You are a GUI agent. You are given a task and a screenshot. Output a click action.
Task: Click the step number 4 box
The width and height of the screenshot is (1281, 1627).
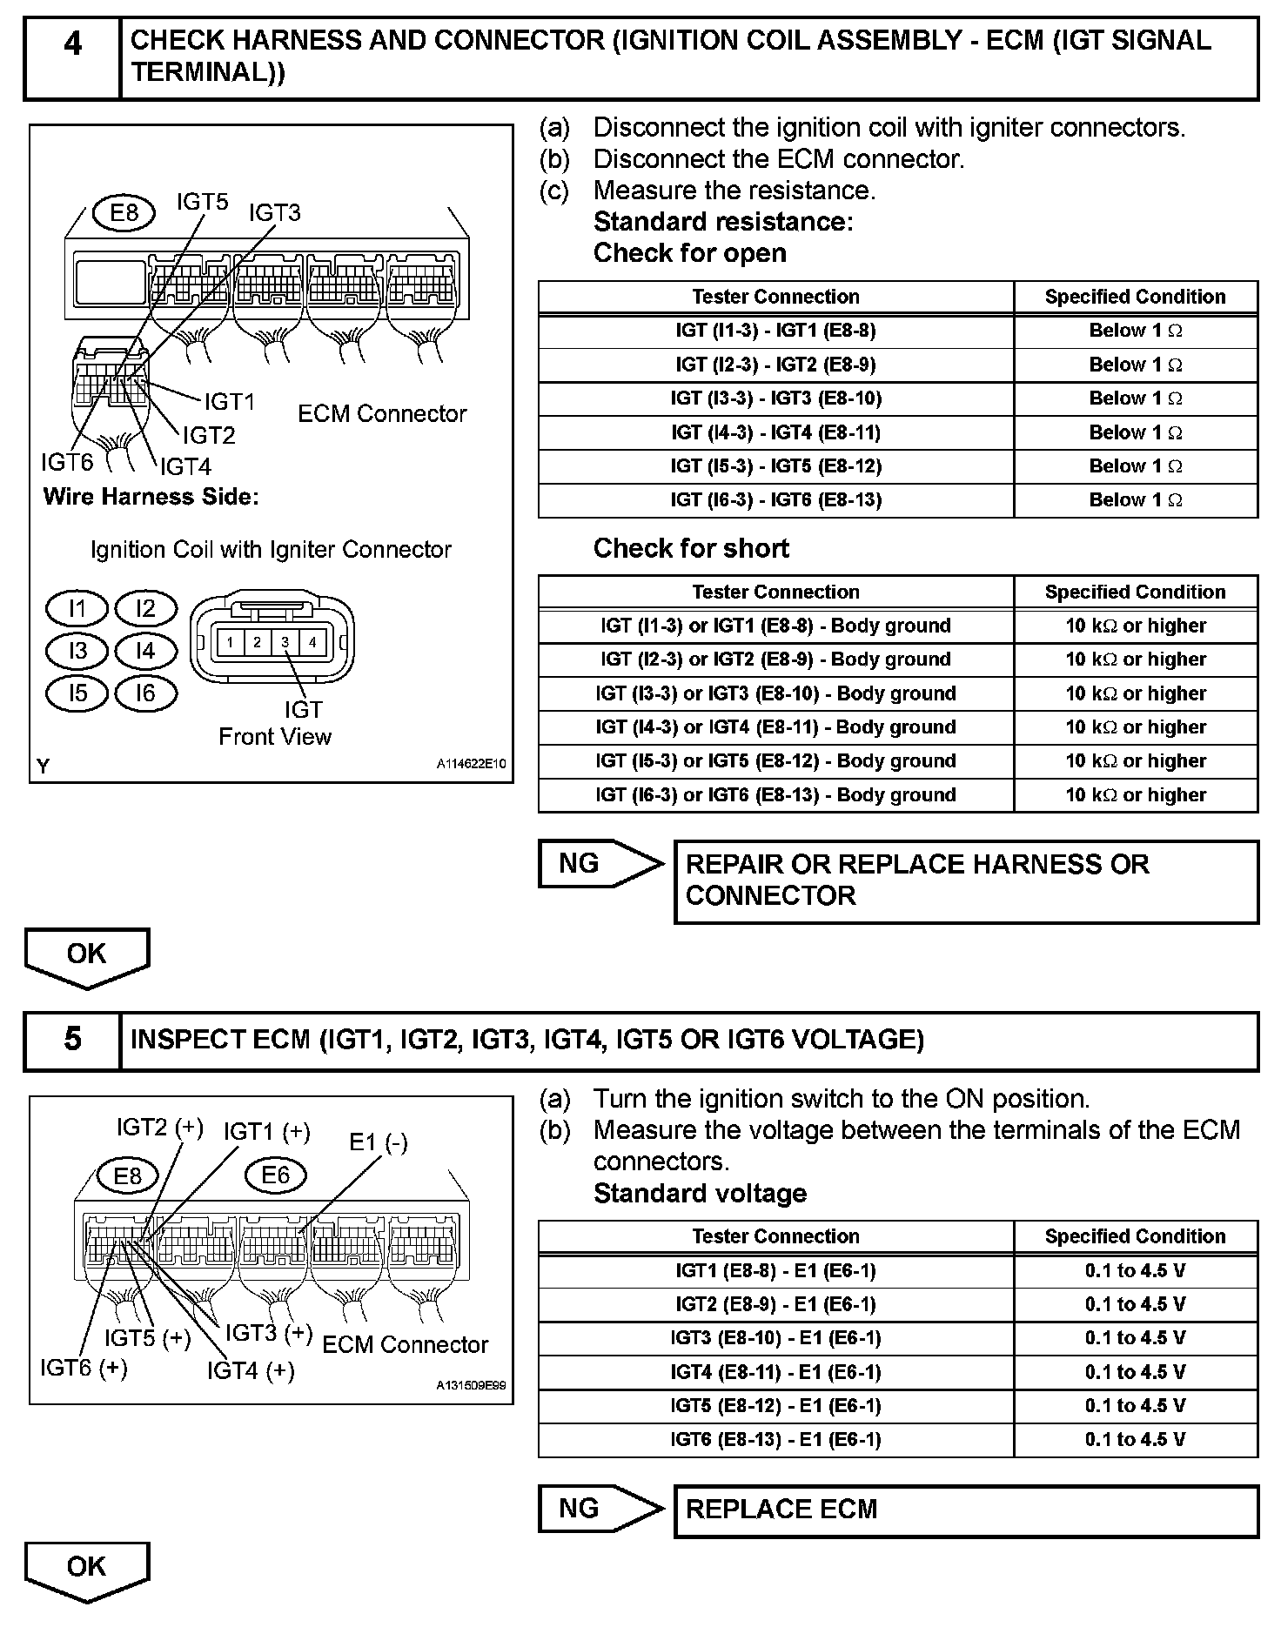pos(72,57)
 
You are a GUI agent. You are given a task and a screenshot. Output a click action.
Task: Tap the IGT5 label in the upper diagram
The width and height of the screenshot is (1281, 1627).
pos(202,203)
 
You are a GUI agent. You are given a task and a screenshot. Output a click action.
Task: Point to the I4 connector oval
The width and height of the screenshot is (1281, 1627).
pos(145,651)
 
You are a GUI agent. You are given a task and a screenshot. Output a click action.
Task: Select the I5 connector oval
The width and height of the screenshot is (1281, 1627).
pos(77,693)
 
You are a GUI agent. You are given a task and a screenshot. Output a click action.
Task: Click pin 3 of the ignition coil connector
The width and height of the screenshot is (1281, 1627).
pos(285,643)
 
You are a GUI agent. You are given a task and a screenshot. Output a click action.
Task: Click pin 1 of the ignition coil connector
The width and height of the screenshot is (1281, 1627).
pos(230,643)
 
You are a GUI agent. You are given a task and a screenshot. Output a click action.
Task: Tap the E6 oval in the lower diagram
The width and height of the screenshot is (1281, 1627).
pos(275,1175)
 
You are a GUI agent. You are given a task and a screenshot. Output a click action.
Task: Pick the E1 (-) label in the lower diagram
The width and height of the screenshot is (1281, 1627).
pos(378,1142)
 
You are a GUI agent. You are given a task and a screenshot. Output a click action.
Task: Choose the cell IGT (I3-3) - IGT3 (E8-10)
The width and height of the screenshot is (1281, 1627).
pos(775,398)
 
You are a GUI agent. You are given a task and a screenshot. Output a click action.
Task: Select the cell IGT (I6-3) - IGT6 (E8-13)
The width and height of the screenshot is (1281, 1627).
pos(775,500)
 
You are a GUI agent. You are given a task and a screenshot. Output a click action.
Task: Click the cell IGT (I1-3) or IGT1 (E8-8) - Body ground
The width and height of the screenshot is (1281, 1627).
pos(775,626)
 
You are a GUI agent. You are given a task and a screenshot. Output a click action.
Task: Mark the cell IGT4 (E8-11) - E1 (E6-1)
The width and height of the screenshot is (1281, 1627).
pos(775,1372)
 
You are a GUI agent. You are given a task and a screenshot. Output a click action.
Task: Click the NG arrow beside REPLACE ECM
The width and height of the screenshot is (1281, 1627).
pos(600,1508)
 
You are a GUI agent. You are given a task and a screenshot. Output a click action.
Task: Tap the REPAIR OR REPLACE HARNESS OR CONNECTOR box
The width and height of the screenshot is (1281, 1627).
pos(966,880)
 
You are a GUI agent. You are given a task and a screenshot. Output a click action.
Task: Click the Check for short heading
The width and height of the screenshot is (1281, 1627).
pos(691,548)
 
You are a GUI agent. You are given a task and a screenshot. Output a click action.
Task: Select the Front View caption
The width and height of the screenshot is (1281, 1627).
pos(275,737)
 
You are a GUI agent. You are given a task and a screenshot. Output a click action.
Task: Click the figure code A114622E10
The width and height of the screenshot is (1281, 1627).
pos(471,764)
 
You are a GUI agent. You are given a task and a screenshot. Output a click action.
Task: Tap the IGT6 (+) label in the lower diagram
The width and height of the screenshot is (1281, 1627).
pos(84,1368)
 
